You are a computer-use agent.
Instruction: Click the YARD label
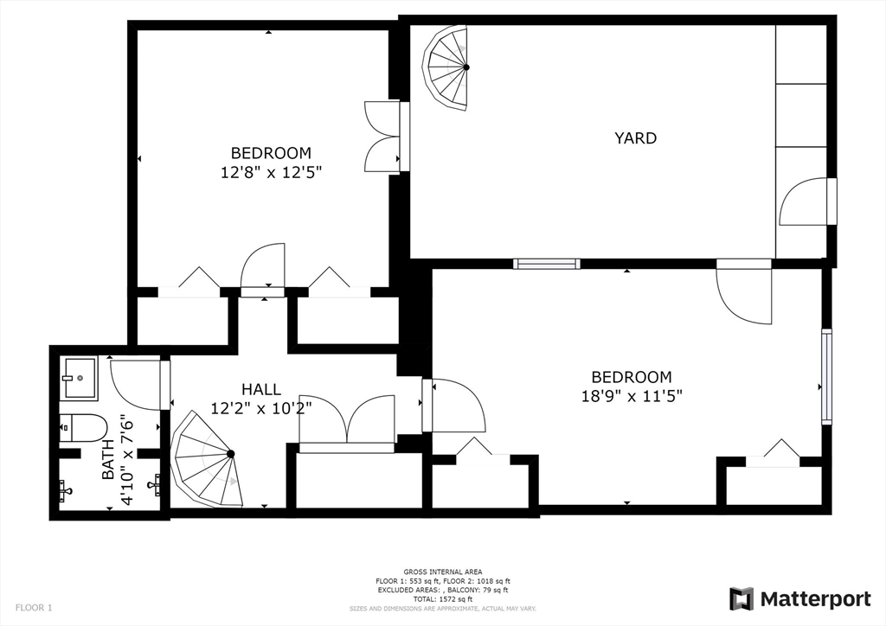(x=635, y=137)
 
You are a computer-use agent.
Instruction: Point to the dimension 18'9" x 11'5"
(x=631, y=396)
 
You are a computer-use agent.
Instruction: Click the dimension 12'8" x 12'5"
(x=271, y=172)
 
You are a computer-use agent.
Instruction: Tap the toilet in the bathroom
(x=83, y=427)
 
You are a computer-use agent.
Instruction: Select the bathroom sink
(x=80, y=378)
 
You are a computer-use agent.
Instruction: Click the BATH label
(x=108, y=460)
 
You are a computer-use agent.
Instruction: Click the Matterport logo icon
(x=742, y=598)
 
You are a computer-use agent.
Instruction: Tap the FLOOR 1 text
(x=33, y=608)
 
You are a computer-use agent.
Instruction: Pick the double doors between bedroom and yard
(x=382, y=137)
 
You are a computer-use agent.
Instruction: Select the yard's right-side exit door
(x=806, y=202)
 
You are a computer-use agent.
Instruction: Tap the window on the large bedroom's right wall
(x=826, y=376)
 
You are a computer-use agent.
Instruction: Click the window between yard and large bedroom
(x=546, y=264)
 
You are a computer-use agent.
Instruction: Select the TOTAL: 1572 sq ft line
(x=443, y=599)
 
